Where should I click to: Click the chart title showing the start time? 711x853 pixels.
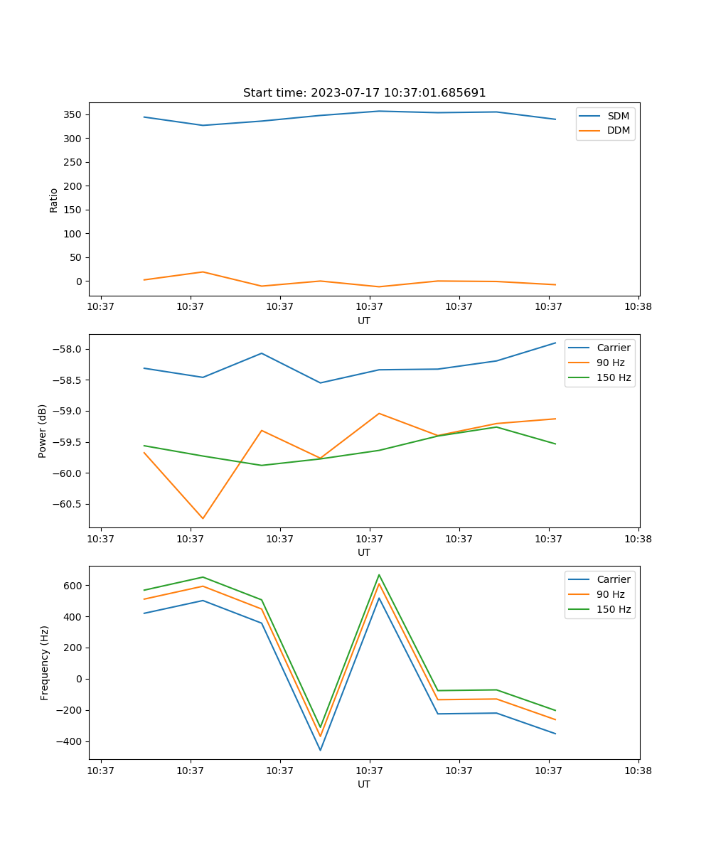click(364, 93)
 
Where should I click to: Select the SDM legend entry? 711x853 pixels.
click(618, 115)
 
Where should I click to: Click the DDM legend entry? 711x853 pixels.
click(618, 130)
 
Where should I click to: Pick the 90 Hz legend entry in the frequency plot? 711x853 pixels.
click(611, 594)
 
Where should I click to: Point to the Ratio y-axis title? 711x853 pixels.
click(53, 200)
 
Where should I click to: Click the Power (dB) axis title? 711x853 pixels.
click(43, 431)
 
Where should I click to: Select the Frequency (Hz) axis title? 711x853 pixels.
click(44, 662)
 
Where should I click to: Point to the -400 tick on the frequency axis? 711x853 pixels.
click(70, 741)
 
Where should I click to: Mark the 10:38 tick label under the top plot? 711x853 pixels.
click(638, 307)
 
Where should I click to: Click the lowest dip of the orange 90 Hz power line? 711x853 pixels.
click(203, 518)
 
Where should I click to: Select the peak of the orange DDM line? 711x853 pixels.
click(203, 272)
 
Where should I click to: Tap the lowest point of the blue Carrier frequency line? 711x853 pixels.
click(320, 750)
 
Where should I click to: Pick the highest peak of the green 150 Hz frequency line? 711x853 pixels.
click(379, 574)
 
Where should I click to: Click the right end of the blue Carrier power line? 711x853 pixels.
click(555, 343)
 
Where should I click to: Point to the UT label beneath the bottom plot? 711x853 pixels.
click(364, 784)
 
